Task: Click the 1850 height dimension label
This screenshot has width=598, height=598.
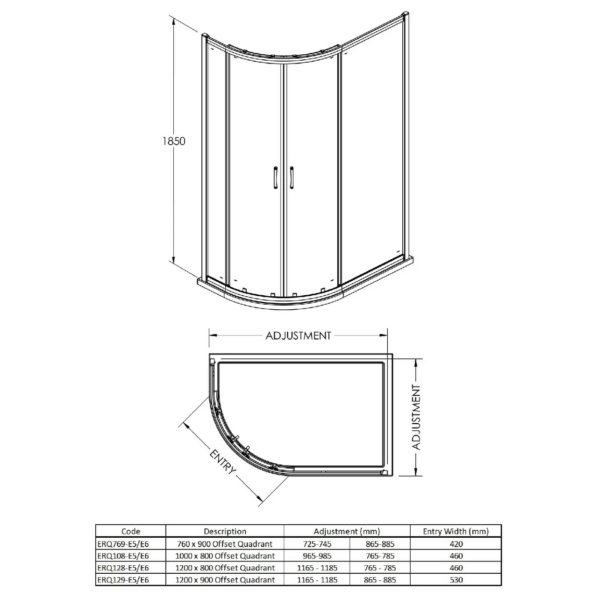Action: [x=174, y=141]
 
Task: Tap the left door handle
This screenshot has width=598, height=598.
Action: [x=276, y=178]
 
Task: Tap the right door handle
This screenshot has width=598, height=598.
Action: [x=292, y=178]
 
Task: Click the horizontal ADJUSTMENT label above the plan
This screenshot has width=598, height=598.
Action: [x=298, y=335]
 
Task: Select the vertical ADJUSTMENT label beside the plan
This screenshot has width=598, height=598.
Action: [x=416, y=417]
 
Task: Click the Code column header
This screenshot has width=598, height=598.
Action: [x=130, y=531]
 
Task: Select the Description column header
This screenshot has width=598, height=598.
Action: [x=225, y=531]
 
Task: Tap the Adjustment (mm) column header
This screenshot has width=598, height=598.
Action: [x=347, y=531]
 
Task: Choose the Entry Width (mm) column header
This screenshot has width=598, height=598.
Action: [x=456, y=531]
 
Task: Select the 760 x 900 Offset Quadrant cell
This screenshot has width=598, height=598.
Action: [x=225, y=544]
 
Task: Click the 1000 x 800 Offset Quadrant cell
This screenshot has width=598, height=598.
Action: [x=225, y=556]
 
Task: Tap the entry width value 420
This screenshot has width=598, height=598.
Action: [x=456, y=544]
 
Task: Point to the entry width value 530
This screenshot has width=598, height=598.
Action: [x=456, y=580]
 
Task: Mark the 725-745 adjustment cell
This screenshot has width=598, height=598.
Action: [x=317, y=544]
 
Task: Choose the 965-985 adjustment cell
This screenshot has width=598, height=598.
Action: [x=317, y=556]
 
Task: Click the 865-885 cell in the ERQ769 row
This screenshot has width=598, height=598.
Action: [x=380, y=544]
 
